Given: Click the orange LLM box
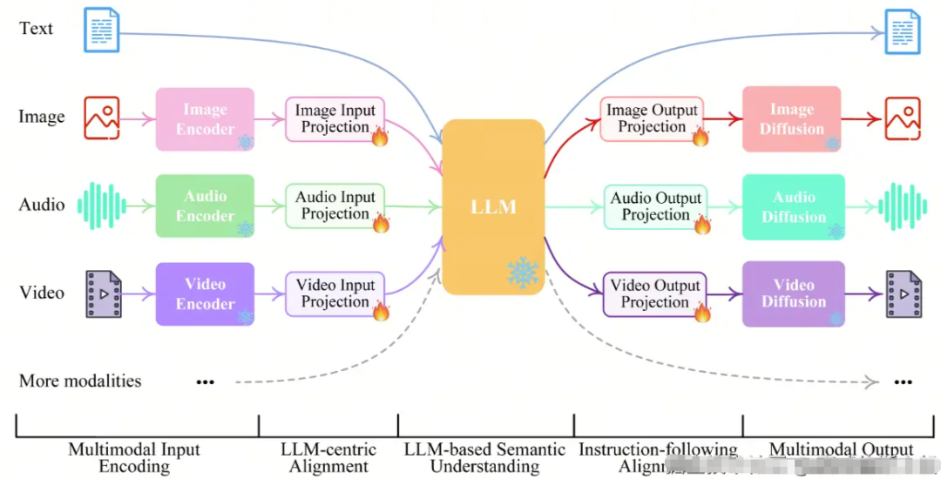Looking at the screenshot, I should pyautogui.click(x=492, y=207).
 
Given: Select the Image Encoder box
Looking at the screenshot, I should pyautogui.click(x=205, y=119).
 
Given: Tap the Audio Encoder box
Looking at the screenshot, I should pyautogui.click(x=205, y=206).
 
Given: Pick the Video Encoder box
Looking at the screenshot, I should pyautogui.click(x=205, y=293).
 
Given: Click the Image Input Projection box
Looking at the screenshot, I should pyautogui.click(x=335, y=119).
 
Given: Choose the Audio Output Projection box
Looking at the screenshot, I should pyautogui.click(x=655, y=207).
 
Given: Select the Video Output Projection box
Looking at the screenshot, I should pyautogui.click(x=655, y=293).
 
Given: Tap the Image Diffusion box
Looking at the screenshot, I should pyautogui.click(x=791, y=119).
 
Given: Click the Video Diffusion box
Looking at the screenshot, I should pyautogui.click(x=793, y=293).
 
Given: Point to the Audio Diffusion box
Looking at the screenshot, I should pyautogui.click(x=793, y=206).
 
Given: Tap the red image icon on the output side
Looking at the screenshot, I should pyautogui.click(x=902, y=118).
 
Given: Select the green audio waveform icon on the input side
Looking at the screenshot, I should pyautogui.click(x=101, y=206).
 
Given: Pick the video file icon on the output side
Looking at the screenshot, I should pyautogui.click(x=903, y=293).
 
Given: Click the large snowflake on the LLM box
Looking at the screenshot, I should pyautogui.click(x=523, y=273).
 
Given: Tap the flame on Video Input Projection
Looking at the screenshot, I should pyautogui.click(x=380, y=311).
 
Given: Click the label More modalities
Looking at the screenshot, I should pyautogui.click(x=80, y=381).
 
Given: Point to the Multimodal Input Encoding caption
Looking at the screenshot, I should pyautogui.click(x=134, y=458).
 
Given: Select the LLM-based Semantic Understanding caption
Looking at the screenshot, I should pyautogui.click(x=485, y=458).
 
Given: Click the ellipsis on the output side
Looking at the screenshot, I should pyautogui.click(x=903, y=381).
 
